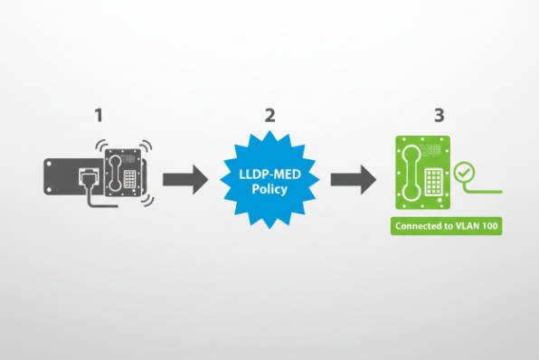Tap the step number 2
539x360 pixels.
[269, 116]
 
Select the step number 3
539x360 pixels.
[439, 116]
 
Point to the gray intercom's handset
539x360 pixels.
[117, 167]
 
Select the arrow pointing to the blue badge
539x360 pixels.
[188, 178]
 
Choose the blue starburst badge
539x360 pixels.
[269, 178]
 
